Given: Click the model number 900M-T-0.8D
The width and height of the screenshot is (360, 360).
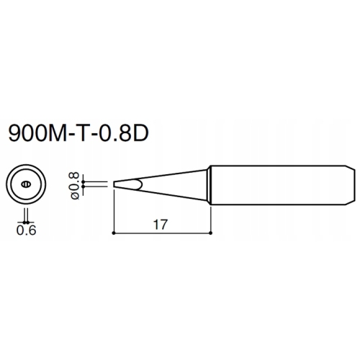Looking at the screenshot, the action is point(78,132).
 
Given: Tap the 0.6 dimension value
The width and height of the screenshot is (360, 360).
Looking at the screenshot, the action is point(26,230).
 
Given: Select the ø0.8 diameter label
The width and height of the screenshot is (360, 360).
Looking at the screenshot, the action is point(75,186).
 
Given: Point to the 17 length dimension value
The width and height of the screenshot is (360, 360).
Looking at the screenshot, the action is point(160,225).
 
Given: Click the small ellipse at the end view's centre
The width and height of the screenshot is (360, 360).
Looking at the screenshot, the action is point(26,184).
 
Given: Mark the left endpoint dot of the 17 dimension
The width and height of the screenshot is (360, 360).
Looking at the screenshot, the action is point(114,233).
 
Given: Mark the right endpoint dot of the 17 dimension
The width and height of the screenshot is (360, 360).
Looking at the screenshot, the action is point(210,233).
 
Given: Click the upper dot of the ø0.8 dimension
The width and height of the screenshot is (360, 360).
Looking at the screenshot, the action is point(84,181).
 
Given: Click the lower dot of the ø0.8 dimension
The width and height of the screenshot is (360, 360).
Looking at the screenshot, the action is point(84,186).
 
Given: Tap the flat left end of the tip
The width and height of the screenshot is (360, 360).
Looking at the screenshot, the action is point(114,184).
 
